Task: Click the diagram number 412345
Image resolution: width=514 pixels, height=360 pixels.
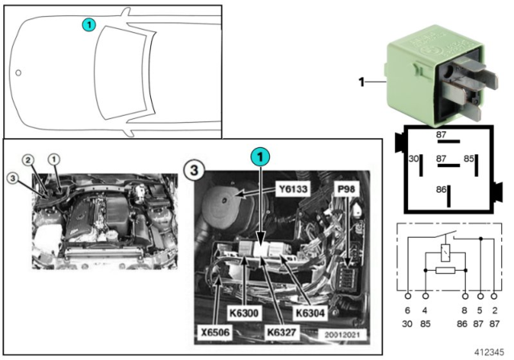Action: coord(488,351)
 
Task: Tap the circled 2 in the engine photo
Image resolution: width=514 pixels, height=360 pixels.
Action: coord(27,160)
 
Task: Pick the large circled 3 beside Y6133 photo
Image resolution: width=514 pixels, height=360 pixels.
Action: coord(193,170)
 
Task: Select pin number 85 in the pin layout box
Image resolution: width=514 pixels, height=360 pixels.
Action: coord(469,159)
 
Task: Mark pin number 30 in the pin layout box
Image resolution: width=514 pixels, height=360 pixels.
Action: coord(414,159)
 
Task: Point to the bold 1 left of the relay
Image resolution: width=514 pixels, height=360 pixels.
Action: coord(361,81)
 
